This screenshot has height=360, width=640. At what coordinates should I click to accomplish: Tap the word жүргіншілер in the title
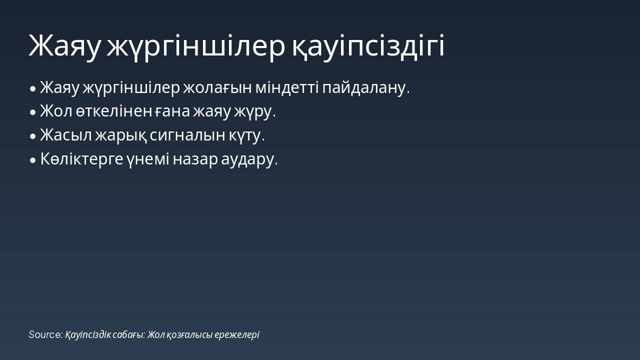[196, 46]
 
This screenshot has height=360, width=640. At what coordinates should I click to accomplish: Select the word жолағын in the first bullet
[217, 88]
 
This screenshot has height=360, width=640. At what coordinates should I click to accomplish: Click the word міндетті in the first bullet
[287, 88]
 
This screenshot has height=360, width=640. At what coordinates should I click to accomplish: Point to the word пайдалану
[366, 88]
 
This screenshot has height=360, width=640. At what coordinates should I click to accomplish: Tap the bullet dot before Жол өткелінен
[33, 112]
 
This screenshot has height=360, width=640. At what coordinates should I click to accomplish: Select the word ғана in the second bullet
[173, 111]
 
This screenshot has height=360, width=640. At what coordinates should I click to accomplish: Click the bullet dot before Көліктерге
[33, 160]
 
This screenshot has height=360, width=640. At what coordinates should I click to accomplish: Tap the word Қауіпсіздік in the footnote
[88, 334]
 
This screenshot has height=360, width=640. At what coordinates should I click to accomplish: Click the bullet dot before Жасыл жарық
[33, 136]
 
